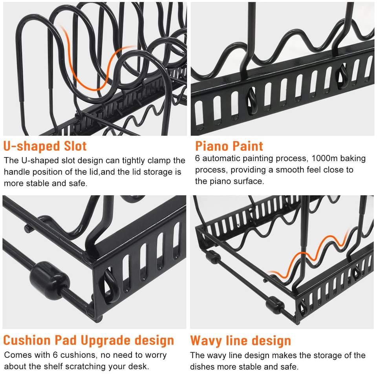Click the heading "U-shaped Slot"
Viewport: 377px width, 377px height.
45,146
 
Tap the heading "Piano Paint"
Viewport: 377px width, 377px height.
229,146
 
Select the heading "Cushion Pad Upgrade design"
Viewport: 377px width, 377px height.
89,340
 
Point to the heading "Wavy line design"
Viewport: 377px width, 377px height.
240,340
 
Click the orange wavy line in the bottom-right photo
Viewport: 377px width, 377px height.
310,255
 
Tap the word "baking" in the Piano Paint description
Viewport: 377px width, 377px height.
351,159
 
